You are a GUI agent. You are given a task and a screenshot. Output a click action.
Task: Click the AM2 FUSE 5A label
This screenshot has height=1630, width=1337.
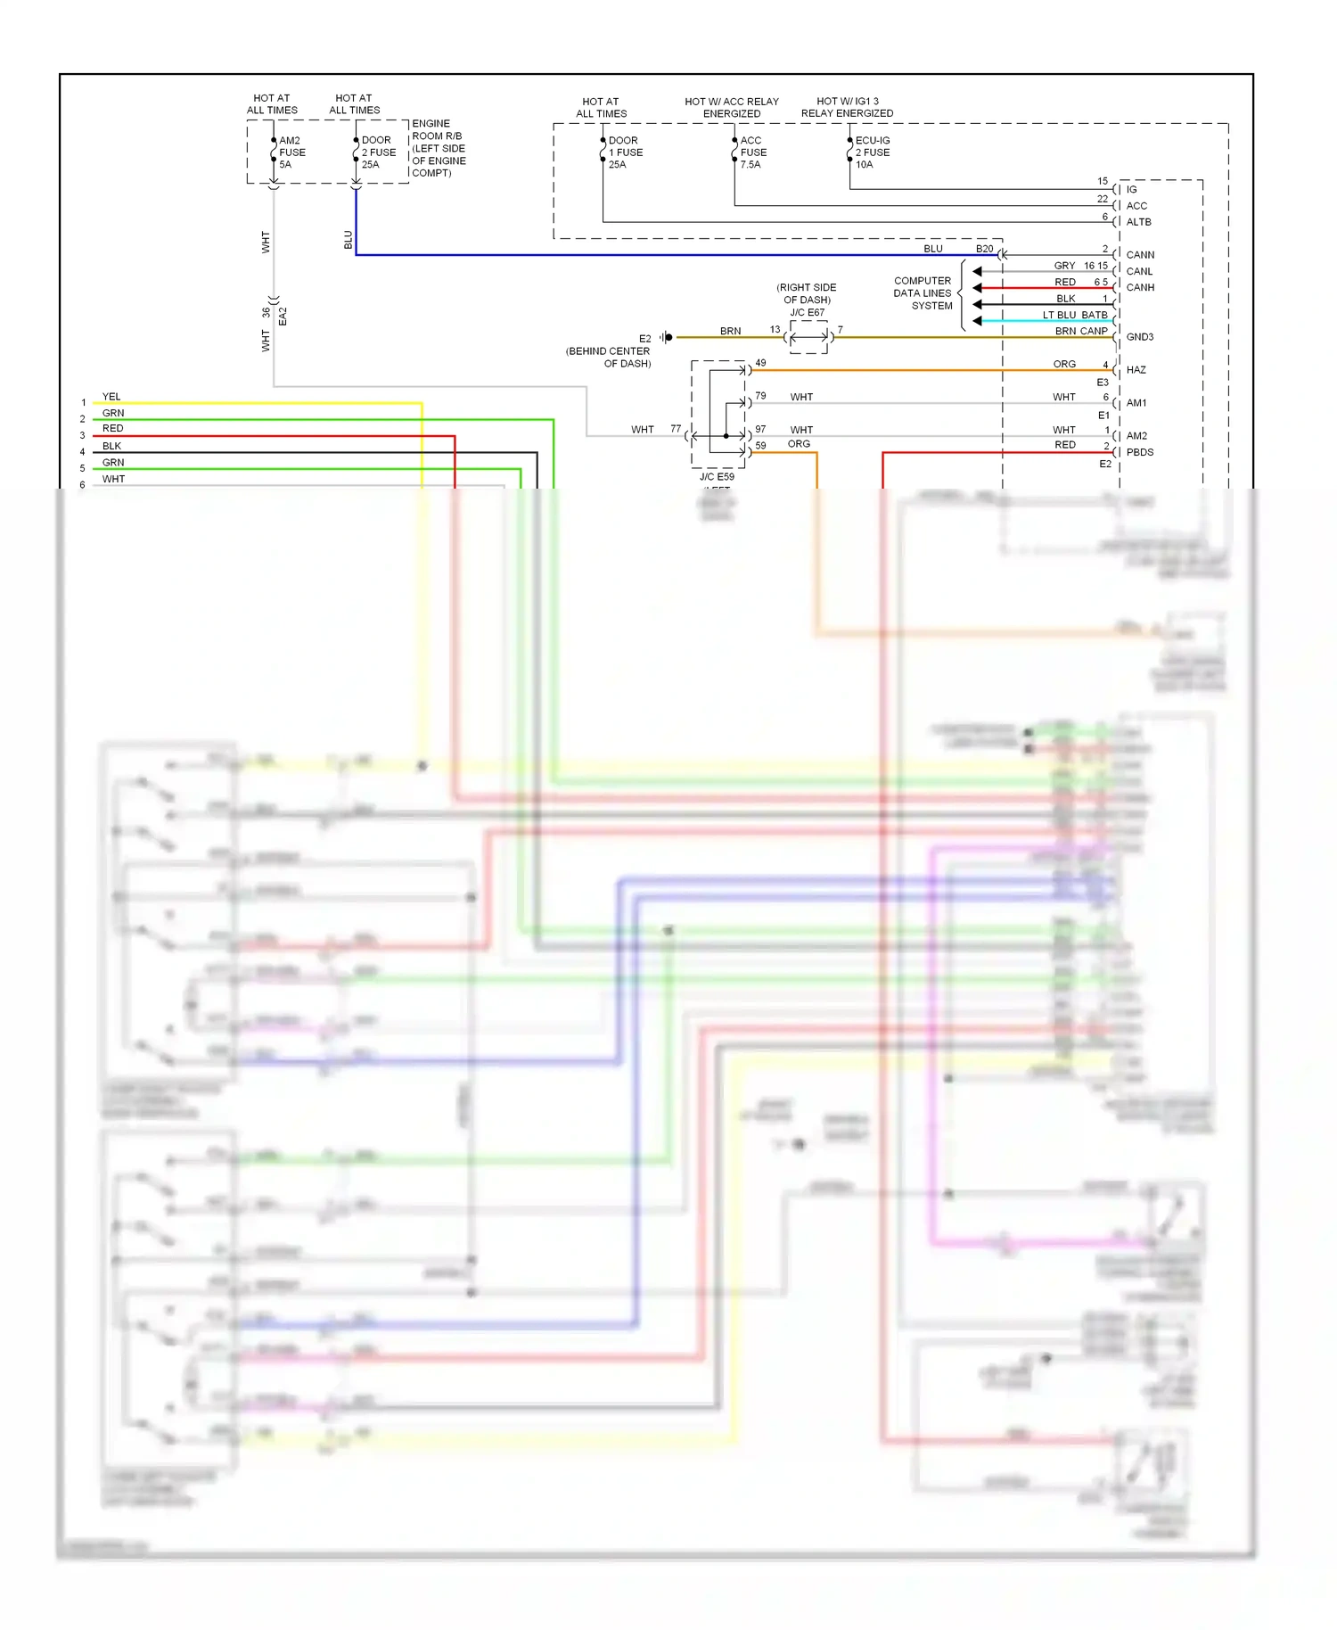[291, 152]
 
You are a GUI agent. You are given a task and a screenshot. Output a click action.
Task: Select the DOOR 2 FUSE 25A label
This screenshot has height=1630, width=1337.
[378, 152]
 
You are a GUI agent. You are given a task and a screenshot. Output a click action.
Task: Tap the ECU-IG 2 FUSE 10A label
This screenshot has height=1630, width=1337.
[872, 152]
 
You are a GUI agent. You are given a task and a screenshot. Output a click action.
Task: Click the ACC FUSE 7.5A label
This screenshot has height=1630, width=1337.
[752, 152]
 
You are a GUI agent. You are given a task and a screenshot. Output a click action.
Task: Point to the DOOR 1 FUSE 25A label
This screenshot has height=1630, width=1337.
[625, 152]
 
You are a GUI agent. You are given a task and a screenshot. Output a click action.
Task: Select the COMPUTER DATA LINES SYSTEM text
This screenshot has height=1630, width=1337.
[923, 293]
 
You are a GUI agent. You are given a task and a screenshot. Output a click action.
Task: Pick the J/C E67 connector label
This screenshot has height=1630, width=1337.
[807, 312]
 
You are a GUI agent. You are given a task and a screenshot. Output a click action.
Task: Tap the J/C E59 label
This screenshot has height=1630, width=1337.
[717, 477]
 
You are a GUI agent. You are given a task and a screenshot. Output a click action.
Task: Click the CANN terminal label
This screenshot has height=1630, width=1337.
[1140, 255]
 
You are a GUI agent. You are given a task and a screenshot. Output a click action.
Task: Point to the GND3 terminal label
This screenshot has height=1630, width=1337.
[1139, 337]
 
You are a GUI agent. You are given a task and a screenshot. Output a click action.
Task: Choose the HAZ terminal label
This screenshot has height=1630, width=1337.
[1136, 370]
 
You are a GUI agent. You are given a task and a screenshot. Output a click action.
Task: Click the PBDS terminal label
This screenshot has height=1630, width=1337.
[1139, 452]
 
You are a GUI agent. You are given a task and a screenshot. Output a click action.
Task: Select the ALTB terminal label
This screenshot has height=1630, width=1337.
[1138, 222]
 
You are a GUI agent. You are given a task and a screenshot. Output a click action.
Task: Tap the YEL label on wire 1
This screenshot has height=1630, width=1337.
[111, 397]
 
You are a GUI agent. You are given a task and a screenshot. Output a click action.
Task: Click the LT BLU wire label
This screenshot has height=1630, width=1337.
[1061, 315]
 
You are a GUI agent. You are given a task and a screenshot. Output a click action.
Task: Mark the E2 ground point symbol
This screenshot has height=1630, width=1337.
[667, 337]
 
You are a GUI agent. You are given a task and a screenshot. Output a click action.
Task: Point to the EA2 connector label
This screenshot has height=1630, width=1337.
[283, 316]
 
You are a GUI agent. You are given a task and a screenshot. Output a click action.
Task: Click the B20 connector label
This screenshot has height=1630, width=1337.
[984, 249]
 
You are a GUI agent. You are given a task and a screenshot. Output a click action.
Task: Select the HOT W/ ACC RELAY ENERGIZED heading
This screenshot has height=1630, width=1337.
[731, 107]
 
